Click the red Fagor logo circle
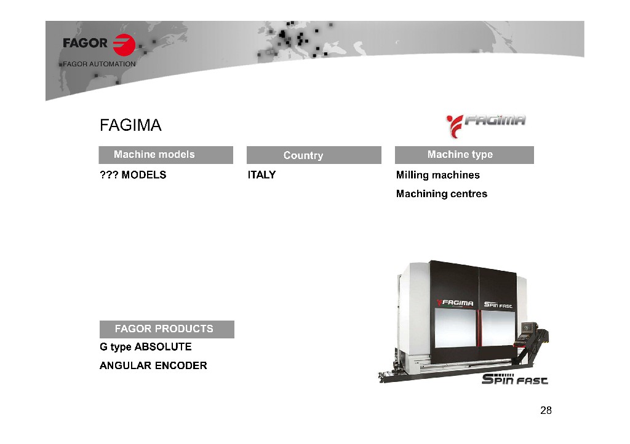(x=124, y=45)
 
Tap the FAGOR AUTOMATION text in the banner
(x=99, y=64)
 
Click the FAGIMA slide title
(x=130, y=125)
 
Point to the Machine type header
(x=465, y=155)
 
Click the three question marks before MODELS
(x=109, y=175)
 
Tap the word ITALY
(x=261, y=175)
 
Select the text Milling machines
(x=438, y=175)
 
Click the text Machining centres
(x=442, y=193)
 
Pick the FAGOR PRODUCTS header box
(x=167, y=329)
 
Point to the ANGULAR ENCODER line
(x=153, y=365)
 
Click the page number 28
(x=546, y=410)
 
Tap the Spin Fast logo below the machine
(x=515, y=379)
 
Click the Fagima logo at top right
(x=486, y=125)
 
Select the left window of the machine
(x=456, y=329)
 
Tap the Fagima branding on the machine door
(x=455, y=303)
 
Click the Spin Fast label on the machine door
(x=498, y=305)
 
